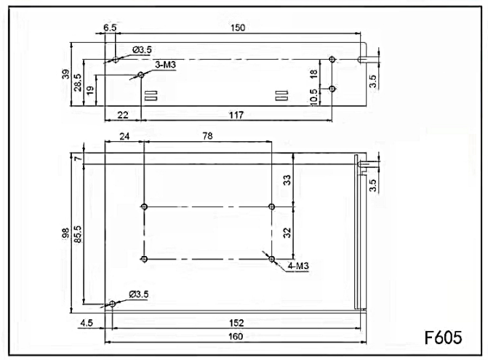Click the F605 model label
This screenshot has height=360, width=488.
tap(443, 337)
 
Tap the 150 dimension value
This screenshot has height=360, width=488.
tap(238, 28)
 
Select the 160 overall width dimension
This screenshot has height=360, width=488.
tap(236, 336)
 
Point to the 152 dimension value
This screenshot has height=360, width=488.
tap(236, 323)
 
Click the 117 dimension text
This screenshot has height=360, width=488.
tap(236, 116)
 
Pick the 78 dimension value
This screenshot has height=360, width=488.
tap(207, 136)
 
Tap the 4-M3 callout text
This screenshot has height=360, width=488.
tap(298, 266)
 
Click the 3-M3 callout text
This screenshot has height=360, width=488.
tap(165, 65)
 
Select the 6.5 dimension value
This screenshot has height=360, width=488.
tap(110, 28)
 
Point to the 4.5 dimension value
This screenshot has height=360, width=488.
tap(87, 323)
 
